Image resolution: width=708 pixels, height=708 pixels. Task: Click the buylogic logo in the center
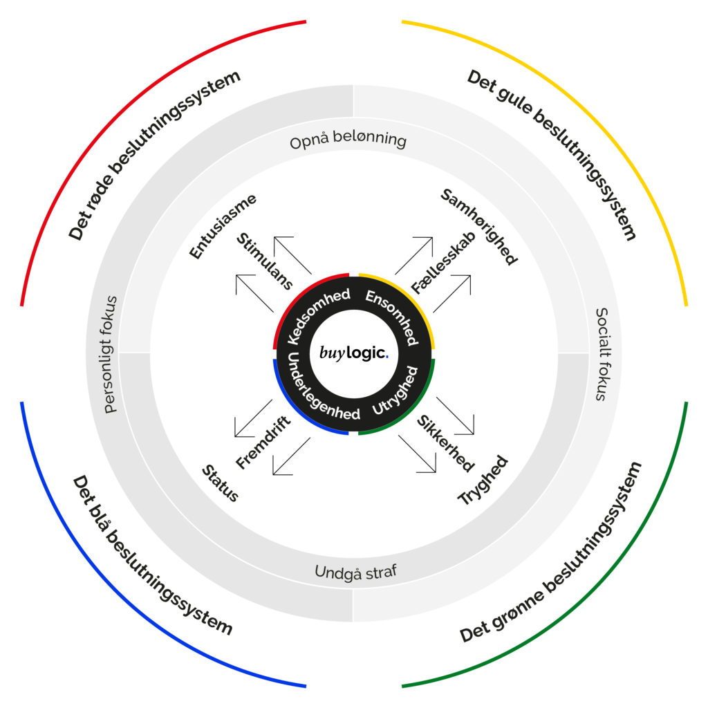point(353,353)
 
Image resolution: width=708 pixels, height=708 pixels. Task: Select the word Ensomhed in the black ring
point(393,315)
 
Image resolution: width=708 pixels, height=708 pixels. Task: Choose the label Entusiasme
point(222,226)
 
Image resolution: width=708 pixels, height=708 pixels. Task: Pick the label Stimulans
point(265,261)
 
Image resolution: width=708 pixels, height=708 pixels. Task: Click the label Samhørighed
point(479,226)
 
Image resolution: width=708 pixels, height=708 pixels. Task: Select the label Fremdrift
point(263,442)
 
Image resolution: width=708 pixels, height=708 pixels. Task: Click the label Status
point(220,483)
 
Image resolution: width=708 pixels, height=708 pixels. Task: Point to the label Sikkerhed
point(445,443)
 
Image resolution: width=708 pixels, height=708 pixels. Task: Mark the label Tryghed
point(483,480)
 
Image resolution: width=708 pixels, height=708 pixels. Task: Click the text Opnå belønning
point(348,140)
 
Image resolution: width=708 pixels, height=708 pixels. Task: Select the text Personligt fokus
point(110,355)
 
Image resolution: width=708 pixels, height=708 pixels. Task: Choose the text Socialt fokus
point(602,355)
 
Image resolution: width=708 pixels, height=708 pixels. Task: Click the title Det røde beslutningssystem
point(154,155)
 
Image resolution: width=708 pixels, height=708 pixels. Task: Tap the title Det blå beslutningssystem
point(153,555)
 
